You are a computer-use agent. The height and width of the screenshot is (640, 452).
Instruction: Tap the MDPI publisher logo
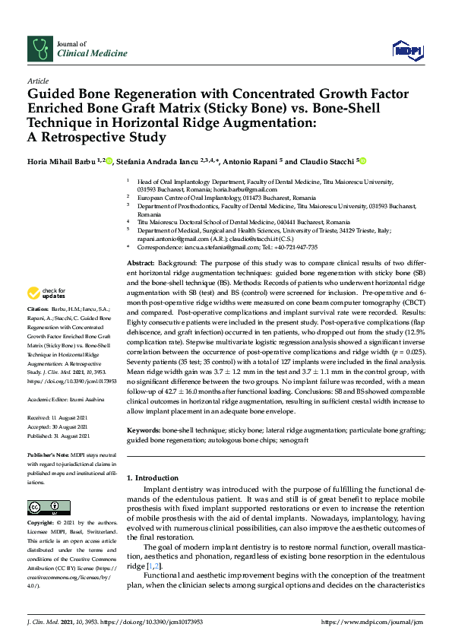(x=406, y=50)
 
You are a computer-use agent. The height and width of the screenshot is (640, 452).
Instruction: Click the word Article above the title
(x=37, y=81)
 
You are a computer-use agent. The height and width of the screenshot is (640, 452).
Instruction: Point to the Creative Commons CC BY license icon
(x=44, y=507)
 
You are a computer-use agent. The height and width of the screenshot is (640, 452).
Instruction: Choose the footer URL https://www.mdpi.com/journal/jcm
(x=372, y=622)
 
